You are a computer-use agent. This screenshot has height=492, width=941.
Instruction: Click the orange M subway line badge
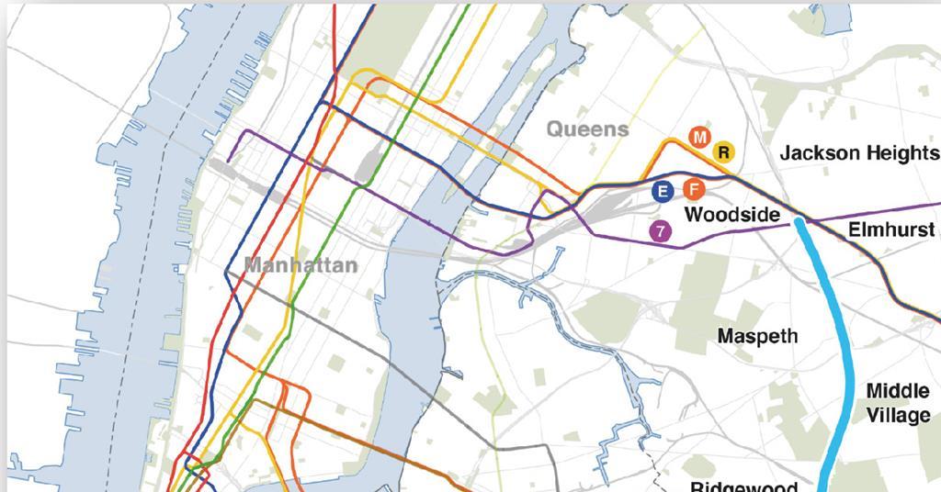pyautogui.click(x=700, y=138)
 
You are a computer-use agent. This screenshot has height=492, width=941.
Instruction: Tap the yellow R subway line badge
pyautogui.click(x=723, y=151)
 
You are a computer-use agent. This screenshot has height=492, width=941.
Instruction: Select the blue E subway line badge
pyautogui.click(x=662, y=191)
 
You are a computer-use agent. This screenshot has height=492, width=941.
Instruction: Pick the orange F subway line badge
pyautogui.click(x=693, y=190)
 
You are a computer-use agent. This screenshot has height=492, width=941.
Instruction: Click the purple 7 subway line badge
pyautogui.click(x=660, y=231)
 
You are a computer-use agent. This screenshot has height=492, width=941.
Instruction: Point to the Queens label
pyautogui.click(x=588, y=129)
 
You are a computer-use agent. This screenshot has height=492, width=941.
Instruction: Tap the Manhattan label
pyautogui.click(x=300, y=266)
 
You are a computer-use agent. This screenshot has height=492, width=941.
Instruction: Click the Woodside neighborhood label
pyautogui.click(x=732, y=215)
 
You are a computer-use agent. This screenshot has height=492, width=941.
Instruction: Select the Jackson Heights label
pyautogui.click(x=859, y=153)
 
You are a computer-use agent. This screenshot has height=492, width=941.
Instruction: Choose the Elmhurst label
pyautogui.click(x=890, y=229)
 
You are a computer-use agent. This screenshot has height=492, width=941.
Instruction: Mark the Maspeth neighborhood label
pyautogui.click(x=757, y=337)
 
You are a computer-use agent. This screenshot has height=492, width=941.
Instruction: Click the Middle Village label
pyautogui.click(x=898, y=404)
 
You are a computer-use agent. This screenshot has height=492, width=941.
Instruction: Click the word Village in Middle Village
pyautogui.click(x=898, y=416)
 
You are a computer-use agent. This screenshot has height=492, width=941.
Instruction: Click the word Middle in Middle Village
pyautogui.click(x=898, y=392)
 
